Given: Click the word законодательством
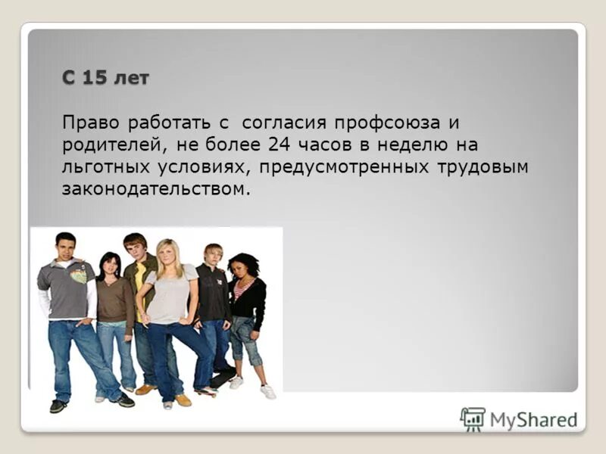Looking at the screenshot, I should pyautogui.click(x=155, y=188).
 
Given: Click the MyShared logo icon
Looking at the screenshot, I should pyautogui.click(x=472, y=418).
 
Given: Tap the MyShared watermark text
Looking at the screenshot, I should pyautogui.click(x=533, y=419).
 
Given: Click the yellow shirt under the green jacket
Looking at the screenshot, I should pyautogui.click(x=140, y=276).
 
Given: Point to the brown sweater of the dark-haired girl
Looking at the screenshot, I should pyautogui.click(x=113, y=299).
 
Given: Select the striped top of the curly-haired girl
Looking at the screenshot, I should pyautogui.click(x=240, y=288).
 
